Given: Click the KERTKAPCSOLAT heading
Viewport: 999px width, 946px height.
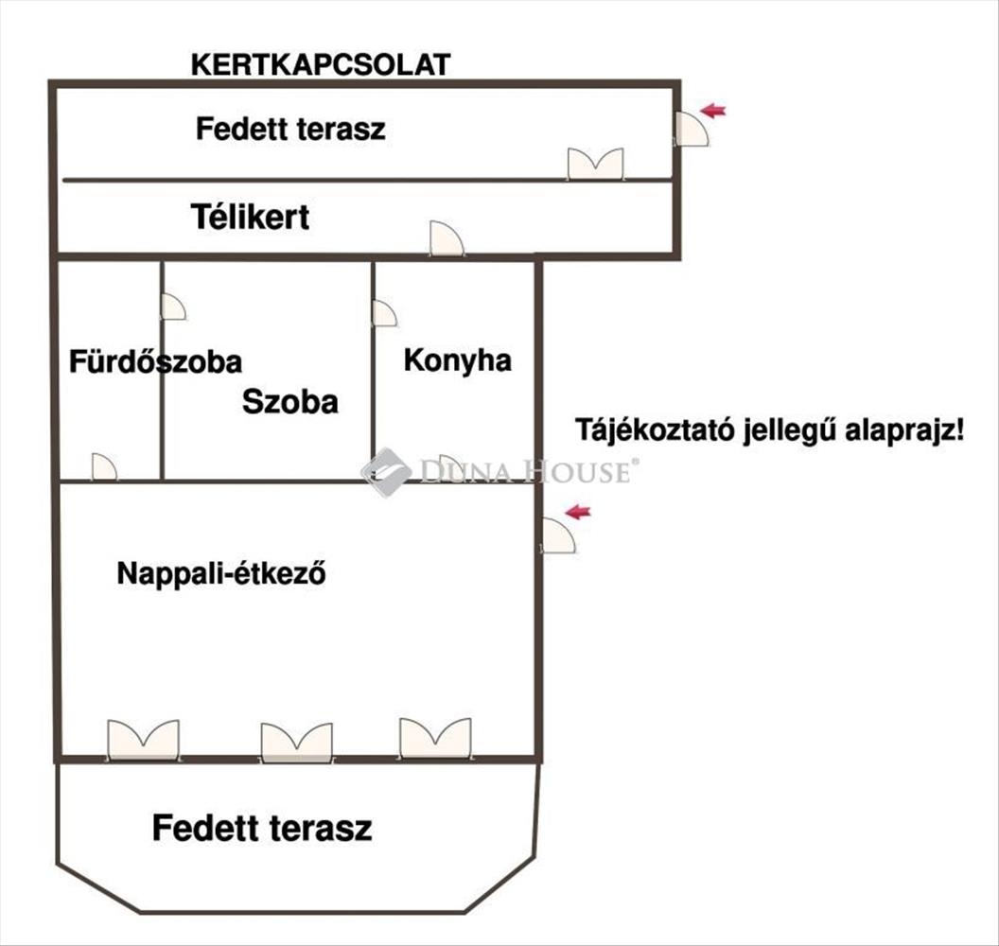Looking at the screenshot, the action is click(x=321, y=65).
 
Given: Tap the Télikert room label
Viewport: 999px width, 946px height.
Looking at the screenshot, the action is click(x=251, y=218).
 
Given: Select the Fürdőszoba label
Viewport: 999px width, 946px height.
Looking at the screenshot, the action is click(x=155, y=361).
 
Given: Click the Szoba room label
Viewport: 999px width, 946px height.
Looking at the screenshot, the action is click(x=289, y=402).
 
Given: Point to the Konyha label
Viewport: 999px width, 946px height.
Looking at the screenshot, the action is click(x=458, y=361).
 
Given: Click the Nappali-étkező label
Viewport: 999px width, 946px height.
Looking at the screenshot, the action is click(x=221, y=573).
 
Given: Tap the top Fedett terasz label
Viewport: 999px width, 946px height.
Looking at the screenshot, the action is click(x=290, y=129).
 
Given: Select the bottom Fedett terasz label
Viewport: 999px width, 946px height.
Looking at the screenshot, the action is click(x=262, y=828).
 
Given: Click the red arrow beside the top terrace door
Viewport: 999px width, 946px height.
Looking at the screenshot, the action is click(x=713, y=111).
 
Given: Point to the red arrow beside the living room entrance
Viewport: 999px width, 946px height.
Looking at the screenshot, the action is click(x=578, y=512).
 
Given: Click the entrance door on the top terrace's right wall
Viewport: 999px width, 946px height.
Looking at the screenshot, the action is click(x=692, y=129).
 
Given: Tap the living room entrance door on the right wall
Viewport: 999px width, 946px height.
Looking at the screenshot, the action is click(x=558, y=535).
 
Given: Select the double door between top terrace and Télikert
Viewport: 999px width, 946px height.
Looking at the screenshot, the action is click(x=596, y=164).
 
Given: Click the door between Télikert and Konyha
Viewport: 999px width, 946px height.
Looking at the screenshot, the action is click(x=447, y=239).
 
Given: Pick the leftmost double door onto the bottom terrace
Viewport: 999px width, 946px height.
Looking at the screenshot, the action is click(x=144, y=740).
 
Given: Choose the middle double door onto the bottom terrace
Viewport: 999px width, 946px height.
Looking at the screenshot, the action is click(x=296, y=743).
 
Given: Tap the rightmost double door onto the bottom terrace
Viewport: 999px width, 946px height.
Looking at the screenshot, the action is click(x=435, y=738).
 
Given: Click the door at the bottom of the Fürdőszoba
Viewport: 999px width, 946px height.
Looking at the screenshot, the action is click(x=104, y=467).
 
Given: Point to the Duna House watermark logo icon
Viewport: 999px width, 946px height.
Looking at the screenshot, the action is click(x=386, y=472).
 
